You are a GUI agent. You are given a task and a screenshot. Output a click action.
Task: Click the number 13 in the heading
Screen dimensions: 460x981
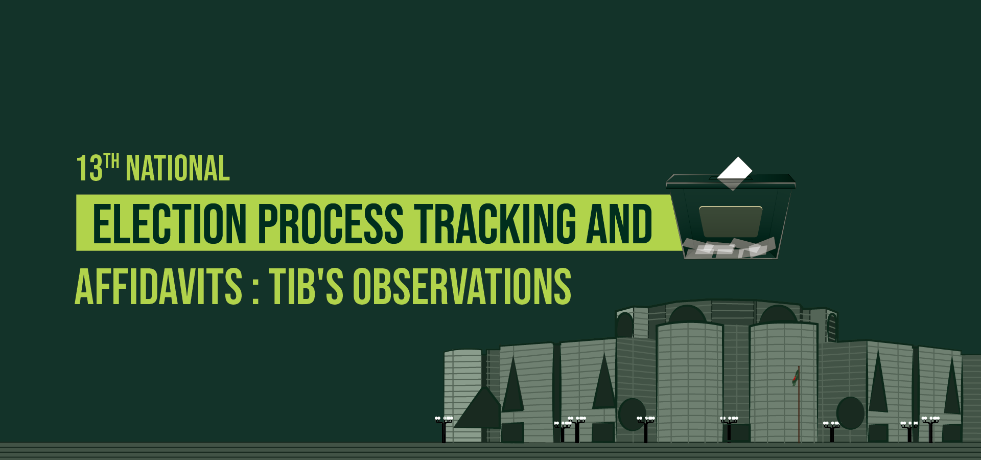point(89,169)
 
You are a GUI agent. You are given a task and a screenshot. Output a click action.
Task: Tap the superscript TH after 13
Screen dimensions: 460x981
point(111,161)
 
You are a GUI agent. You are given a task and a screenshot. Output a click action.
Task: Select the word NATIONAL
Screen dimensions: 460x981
point(178,169)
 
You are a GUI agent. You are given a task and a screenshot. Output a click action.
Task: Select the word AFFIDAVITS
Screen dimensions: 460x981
point(158,287)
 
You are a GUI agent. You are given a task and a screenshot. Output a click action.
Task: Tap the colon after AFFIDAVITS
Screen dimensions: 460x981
point(255,289)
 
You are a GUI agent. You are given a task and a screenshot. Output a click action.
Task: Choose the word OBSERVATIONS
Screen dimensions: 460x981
point(462,287)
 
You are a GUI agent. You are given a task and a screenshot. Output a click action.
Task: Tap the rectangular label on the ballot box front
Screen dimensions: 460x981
point(730,221)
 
